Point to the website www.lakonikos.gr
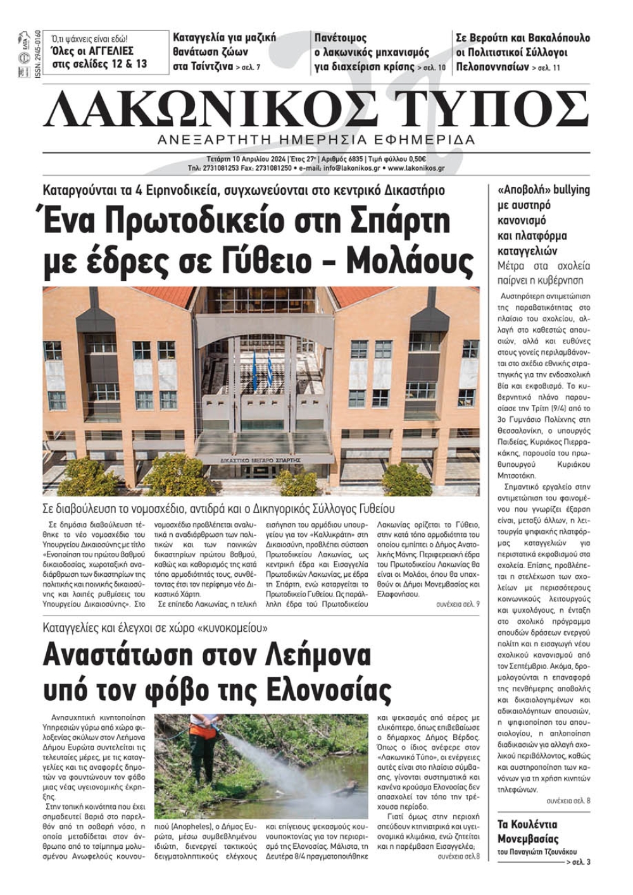point(416,169)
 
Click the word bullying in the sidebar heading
point(572,190)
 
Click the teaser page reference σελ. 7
point(248,67)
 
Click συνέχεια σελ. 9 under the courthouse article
point(457,604)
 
